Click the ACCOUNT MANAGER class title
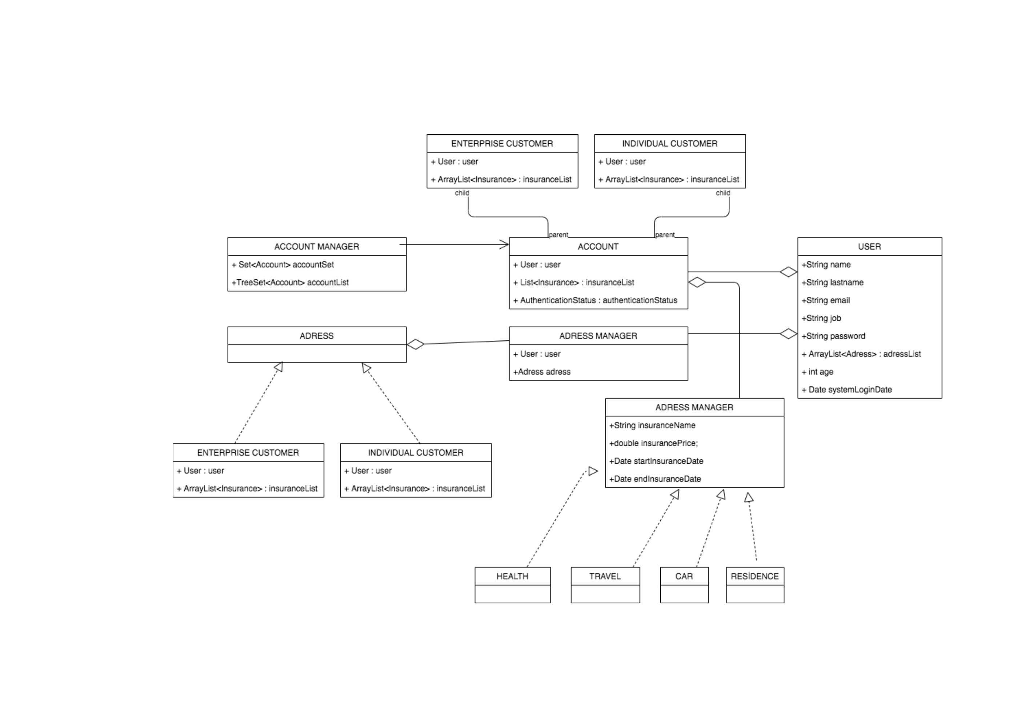pyautogui.click(x=316, y=247)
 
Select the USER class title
pyautogui.click(x=869, y=247)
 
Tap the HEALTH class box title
pyautogui.click(x=512, y=576)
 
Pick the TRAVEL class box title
pyautogui.click(x=605, y=576)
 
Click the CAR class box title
pyautogui.click(x=684, y=576)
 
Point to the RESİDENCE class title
pyautogui.click(x=755, y=576)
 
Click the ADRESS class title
pyautogui.click(x=316, y=336)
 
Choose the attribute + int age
pyautogui.click(x=817, y=372)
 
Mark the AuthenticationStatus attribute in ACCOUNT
pyautogui.click(x=595, y=300)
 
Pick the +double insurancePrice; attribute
pyautogui.click(x=653, y=443)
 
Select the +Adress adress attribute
pyautogui.click(x=542, y=372)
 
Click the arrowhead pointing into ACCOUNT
pyautogui.click(x=505, y=244)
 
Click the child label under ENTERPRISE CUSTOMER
pyautogui.click(x=462, y=193)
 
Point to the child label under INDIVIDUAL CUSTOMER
pyautogui.click(x=723, y=193)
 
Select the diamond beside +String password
pyautogui.click(x=788, y=334)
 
